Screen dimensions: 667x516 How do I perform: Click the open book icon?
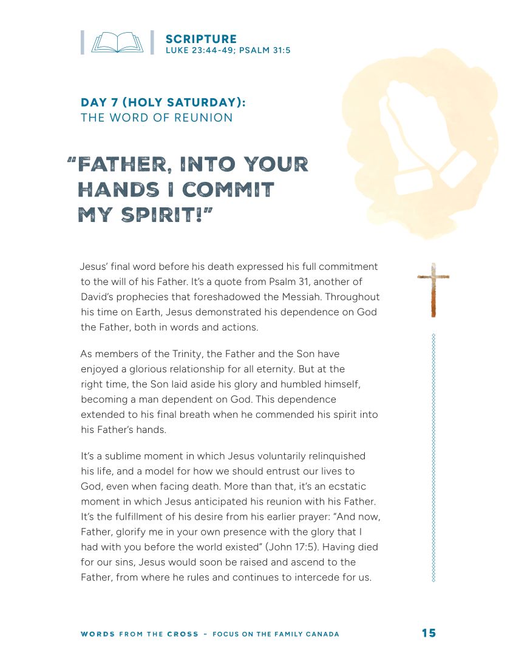(x=117, y=42)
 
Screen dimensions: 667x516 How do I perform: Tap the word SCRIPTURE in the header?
(x=201, y=39)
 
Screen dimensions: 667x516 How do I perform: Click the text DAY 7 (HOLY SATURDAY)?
(x=163, y=102)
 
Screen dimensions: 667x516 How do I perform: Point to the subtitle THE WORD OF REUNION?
(x=157, y=118)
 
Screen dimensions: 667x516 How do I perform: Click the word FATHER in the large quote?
(x=121, y=164)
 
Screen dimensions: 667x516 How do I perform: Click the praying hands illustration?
(x=419, y=139)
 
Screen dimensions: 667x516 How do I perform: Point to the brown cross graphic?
(x=433, y=290)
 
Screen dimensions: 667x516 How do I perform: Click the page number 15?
(x=429, y=633)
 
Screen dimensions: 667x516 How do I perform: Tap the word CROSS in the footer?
(x=183, y=634)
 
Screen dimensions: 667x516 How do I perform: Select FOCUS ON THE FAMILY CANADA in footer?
(x=276, y=634)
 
